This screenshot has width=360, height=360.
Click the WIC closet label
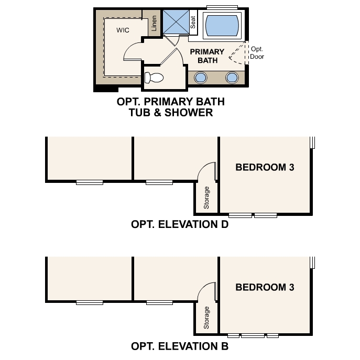(x=123, y=30)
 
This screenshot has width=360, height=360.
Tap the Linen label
(x=154, y=24)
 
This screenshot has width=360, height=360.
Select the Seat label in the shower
(x=193, y=22)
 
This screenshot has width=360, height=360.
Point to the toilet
(x=154, y=78)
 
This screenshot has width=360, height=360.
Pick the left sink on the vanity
(x=201, y=78)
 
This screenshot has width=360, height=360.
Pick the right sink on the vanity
(x=231, y=78)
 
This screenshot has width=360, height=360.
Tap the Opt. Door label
(x=257, y=52)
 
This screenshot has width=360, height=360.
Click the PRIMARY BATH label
(x=207, y=56)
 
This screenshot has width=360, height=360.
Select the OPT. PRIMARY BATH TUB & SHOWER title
(x=165, y=107)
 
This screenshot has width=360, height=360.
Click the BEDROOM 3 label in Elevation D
(x=265, y=168)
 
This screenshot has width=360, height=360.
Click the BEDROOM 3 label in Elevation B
(x=265, y=287)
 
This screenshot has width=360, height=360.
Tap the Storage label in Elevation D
(x=206, y=198)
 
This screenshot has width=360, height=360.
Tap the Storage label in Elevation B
(x=206, y=318)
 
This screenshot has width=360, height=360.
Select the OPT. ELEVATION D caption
(x=180, y=225)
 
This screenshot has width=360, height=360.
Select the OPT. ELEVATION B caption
(x=180, y=346)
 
